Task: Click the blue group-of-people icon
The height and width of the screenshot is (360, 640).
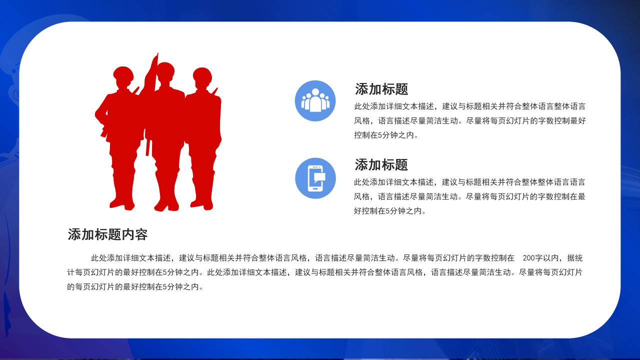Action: pyautogui.click(x=315, y=100)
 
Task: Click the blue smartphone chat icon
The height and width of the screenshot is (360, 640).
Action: pyautogui.click(x=315, y=178)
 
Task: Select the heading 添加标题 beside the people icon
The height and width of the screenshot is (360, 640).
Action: pyautogui.click(x=381, y=89)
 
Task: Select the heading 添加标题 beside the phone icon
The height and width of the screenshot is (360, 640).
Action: pyautogui.click(x=381, y=165)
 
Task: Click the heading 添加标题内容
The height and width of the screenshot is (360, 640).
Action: pyautogui.click(x=107, y=234)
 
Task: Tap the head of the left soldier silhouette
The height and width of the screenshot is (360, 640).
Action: pyautogui.click(x=123, y=75)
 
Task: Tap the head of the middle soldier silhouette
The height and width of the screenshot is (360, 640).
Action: pyautogui.click(x=165, y=71)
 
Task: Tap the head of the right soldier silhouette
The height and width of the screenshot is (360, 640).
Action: pyautogui.click(x=202, y=76)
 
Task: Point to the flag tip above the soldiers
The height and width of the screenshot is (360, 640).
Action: pyautogui.click(x=156, y=55)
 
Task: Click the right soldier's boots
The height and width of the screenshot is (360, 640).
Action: pyautogui.click(x=202, y=204)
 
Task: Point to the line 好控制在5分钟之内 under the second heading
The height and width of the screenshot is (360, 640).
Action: pyautogui.click(x=390, y=211)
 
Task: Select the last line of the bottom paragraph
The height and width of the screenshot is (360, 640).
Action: pyautogui.click(x=135, y=287)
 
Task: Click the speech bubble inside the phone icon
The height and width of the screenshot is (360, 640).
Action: pyautogui.click(x=319, y=176)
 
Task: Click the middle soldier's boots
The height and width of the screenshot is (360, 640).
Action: pyautogui.click(x=166, y=205)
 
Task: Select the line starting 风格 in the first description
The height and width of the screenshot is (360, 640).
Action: pyautogui.click(x=469, y=120)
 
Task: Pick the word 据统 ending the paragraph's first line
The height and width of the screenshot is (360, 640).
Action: pyautogui.click(x=574, y=258)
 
